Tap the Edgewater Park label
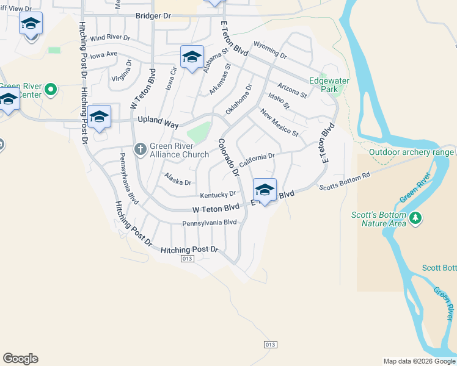point(324,84)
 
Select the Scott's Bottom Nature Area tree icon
point(416,218)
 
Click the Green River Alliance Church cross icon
point(141,148)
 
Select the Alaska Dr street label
point(178,179)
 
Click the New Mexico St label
point(279,123)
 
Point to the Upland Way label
point(158,122)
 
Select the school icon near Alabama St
point(192,57)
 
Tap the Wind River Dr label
point(110,38)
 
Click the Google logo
point(20,359)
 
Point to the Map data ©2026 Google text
point(419,361)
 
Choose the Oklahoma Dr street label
point(238,99)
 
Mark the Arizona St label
point(291,90)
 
